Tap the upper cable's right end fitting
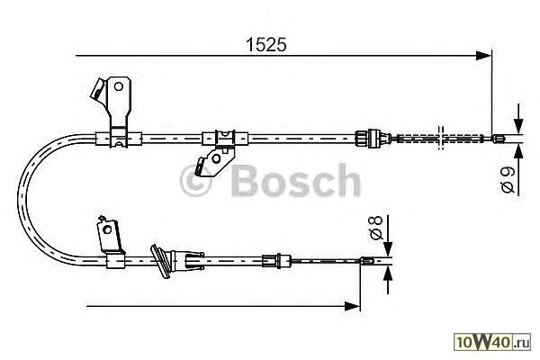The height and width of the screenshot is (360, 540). coord(500,138)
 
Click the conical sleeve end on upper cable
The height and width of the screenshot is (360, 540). coord(364,137)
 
